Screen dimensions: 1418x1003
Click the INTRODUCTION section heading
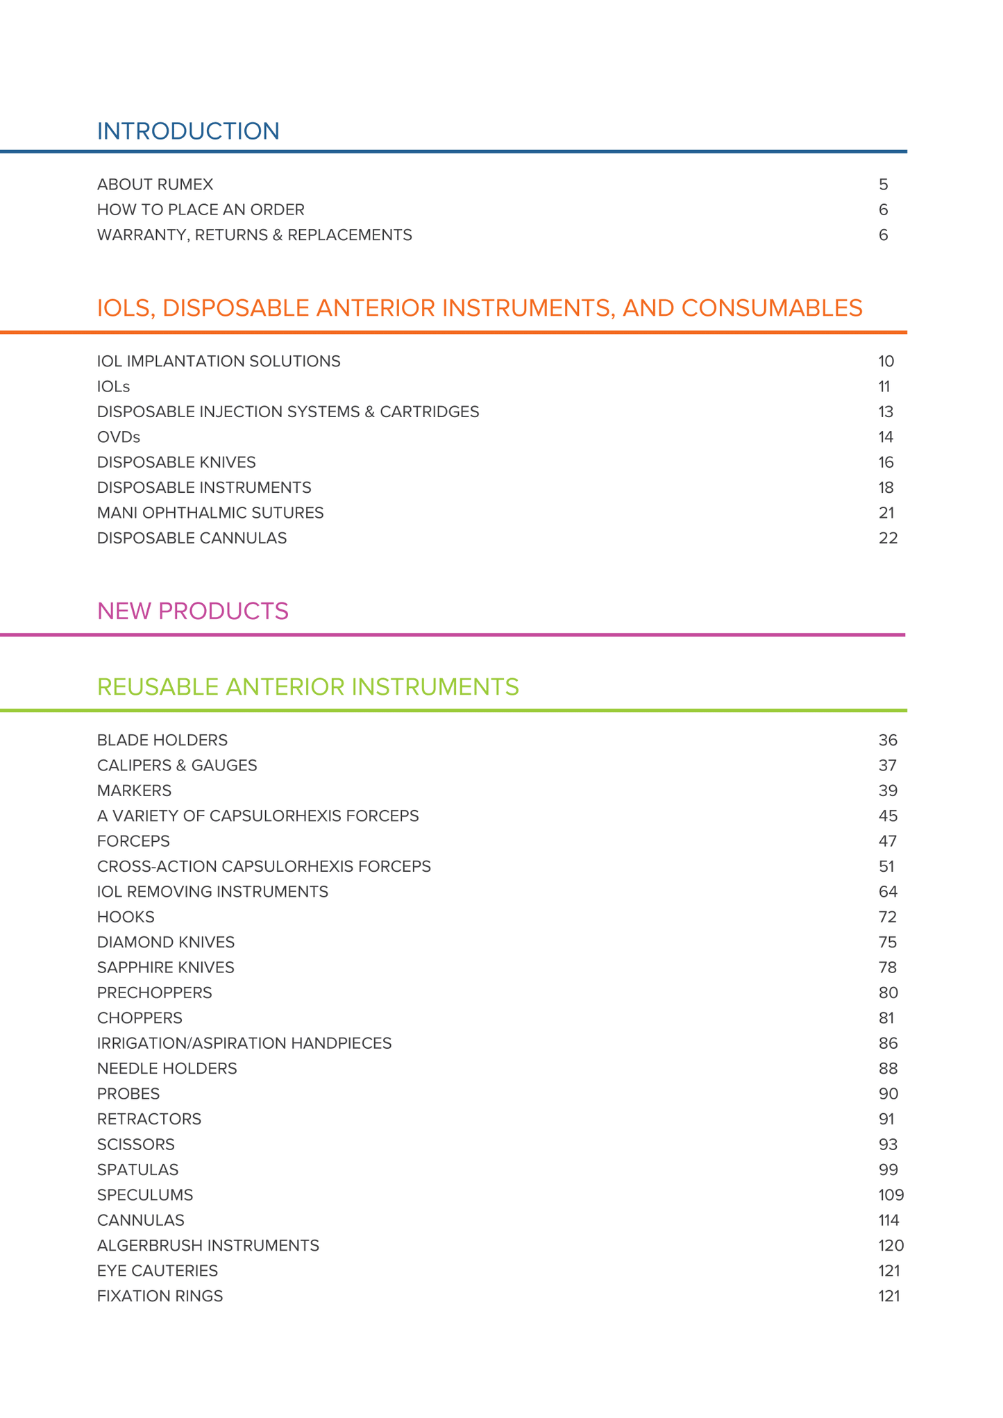[188, 131]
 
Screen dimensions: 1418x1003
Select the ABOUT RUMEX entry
[155, 185]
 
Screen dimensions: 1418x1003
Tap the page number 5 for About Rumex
[883, 185]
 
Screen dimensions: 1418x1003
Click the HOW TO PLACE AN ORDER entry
[201, 210]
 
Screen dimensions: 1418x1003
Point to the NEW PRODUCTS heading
[192, 611]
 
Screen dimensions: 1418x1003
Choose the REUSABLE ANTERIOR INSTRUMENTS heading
[307, 687]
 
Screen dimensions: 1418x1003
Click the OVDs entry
[119, 437]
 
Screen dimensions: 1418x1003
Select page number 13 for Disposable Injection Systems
[886, 412]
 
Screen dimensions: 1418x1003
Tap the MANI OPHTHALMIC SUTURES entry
[210, 513]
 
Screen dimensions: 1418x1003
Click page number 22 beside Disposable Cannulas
[888, 539]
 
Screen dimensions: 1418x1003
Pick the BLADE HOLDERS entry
[162, 741]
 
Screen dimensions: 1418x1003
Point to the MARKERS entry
[134, 791]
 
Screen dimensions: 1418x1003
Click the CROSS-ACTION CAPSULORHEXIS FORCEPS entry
[264, 867]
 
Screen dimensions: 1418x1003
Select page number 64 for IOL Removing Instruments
[888, 892]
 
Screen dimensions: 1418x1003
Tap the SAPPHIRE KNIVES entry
[166, 968]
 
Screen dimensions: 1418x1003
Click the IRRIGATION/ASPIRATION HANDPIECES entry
[244, 1043]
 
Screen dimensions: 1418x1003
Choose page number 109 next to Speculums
[891, 1195]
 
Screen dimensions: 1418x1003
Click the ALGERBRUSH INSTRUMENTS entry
[208, 1246]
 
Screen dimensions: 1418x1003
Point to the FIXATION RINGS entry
[160, 1297]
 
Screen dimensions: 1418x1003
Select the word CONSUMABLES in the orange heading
[772, 308]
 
